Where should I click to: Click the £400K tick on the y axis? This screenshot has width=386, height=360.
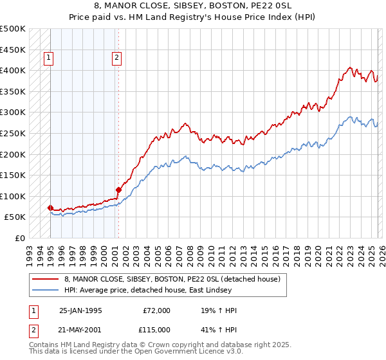(x=13, y=70)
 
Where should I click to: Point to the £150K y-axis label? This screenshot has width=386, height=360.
(x=13, y=175)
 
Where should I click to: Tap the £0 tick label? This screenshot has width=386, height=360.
(x=20, y=238)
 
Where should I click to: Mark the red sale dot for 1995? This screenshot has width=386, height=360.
(x=50, y=208)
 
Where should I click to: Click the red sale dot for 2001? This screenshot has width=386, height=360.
(x=118, y=190)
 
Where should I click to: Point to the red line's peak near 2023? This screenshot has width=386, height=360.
(x=349, y=67)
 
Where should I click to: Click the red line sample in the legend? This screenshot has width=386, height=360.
(x=46, y=280)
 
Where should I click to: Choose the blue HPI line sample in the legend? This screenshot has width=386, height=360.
(x=46, y=291)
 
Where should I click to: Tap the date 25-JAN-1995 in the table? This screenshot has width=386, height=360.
(x=80, y=310)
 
